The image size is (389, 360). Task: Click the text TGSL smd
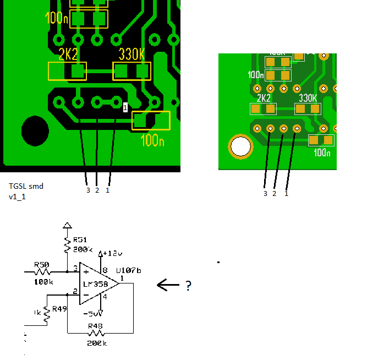pos(26,186)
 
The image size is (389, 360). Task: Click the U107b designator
pos(128,271)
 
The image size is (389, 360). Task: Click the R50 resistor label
pos(42,265)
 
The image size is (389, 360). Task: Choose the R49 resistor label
pos(60,309)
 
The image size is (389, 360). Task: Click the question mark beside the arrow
pos(188,285)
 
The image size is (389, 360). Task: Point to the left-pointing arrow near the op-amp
pos(168,285)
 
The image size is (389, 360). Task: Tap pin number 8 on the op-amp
pos(105,271)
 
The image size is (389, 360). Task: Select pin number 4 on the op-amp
pos(105,298)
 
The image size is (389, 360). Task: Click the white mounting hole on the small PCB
pos(240,147)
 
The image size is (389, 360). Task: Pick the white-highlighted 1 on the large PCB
pos(125,107)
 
